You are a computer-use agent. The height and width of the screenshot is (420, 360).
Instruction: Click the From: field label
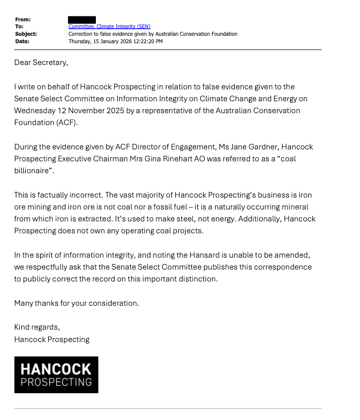pos(23,19)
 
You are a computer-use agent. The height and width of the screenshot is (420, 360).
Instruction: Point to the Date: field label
pos(22,41)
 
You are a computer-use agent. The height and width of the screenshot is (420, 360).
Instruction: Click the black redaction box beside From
pos(82,19)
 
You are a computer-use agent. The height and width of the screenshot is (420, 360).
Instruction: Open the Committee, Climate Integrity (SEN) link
pos(109,26)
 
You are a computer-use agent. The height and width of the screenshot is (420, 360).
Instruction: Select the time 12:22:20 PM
pos(146,41)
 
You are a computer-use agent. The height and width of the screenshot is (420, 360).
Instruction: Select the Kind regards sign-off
pos(37,327)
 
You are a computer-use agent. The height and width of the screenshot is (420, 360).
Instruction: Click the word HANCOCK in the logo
pos(56,369)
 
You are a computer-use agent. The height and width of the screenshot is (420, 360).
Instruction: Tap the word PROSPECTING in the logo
pos(56,382)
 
